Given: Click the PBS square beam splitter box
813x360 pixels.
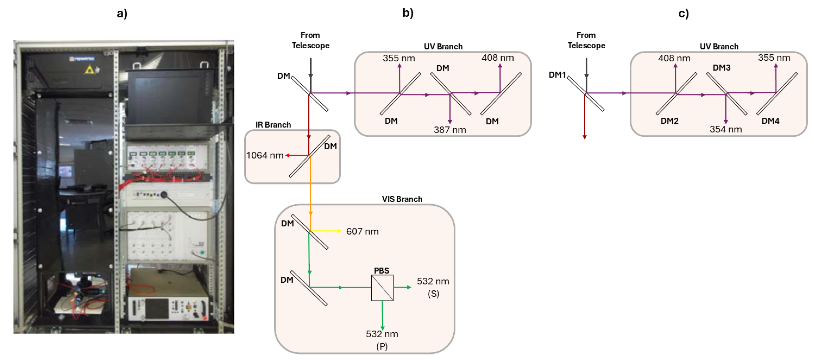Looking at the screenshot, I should (382, 288).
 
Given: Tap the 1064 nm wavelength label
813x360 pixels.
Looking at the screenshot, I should (265, 155).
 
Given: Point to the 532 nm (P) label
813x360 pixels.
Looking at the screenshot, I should (382, 339).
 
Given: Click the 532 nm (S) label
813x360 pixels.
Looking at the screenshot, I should (433, 287).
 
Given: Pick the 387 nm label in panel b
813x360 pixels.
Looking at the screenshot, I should (450, 130).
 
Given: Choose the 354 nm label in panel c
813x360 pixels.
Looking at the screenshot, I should (726, 129).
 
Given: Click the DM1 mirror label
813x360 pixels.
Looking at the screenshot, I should (557, 75).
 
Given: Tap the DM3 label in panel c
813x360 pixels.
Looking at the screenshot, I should (722, 68).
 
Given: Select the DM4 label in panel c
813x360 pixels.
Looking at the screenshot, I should (770, 121).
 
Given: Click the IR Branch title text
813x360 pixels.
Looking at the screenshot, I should (273, 125).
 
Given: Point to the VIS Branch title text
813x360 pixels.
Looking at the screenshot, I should (402, 199).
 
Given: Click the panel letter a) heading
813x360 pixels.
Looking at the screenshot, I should (122, 14).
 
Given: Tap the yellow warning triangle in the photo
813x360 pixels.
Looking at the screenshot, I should (90, 70).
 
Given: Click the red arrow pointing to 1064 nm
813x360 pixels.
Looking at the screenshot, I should (297, 155).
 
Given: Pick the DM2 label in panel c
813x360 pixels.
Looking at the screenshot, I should (670, 121).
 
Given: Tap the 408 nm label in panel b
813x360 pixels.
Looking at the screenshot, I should (497, 58).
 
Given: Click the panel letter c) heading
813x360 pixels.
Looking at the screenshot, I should (684, 14).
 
